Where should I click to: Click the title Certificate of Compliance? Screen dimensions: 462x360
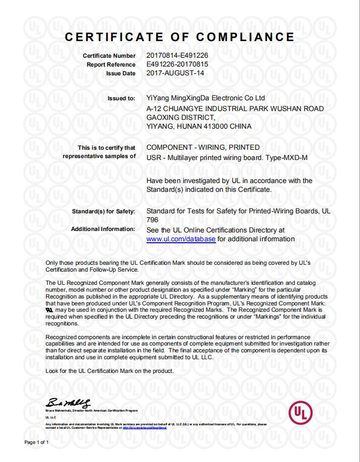click(180, 37)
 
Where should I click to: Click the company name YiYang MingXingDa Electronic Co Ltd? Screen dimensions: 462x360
click(206, 98)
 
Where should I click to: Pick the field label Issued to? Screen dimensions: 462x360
click(121, 98)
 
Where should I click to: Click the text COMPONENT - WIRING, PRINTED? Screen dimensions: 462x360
click(203, 147)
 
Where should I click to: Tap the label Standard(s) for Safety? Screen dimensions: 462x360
click(103, 211)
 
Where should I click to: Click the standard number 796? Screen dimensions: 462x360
click(153, 220)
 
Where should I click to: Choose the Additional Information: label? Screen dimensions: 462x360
click(103, 229)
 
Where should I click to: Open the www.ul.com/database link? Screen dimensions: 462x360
click(181, 239)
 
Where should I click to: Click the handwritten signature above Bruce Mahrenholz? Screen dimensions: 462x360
click(69, 403)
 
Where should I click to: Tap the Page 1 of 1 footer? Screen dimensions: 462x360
click(37, 442)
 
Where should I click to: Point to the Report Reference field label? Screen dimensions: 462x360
click(111, 65)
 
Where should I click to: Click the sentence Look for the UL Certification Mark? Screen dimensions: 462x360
click(109, 371)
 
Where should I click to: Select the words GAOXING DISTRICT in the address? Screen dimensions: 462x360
click(180, 117)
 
